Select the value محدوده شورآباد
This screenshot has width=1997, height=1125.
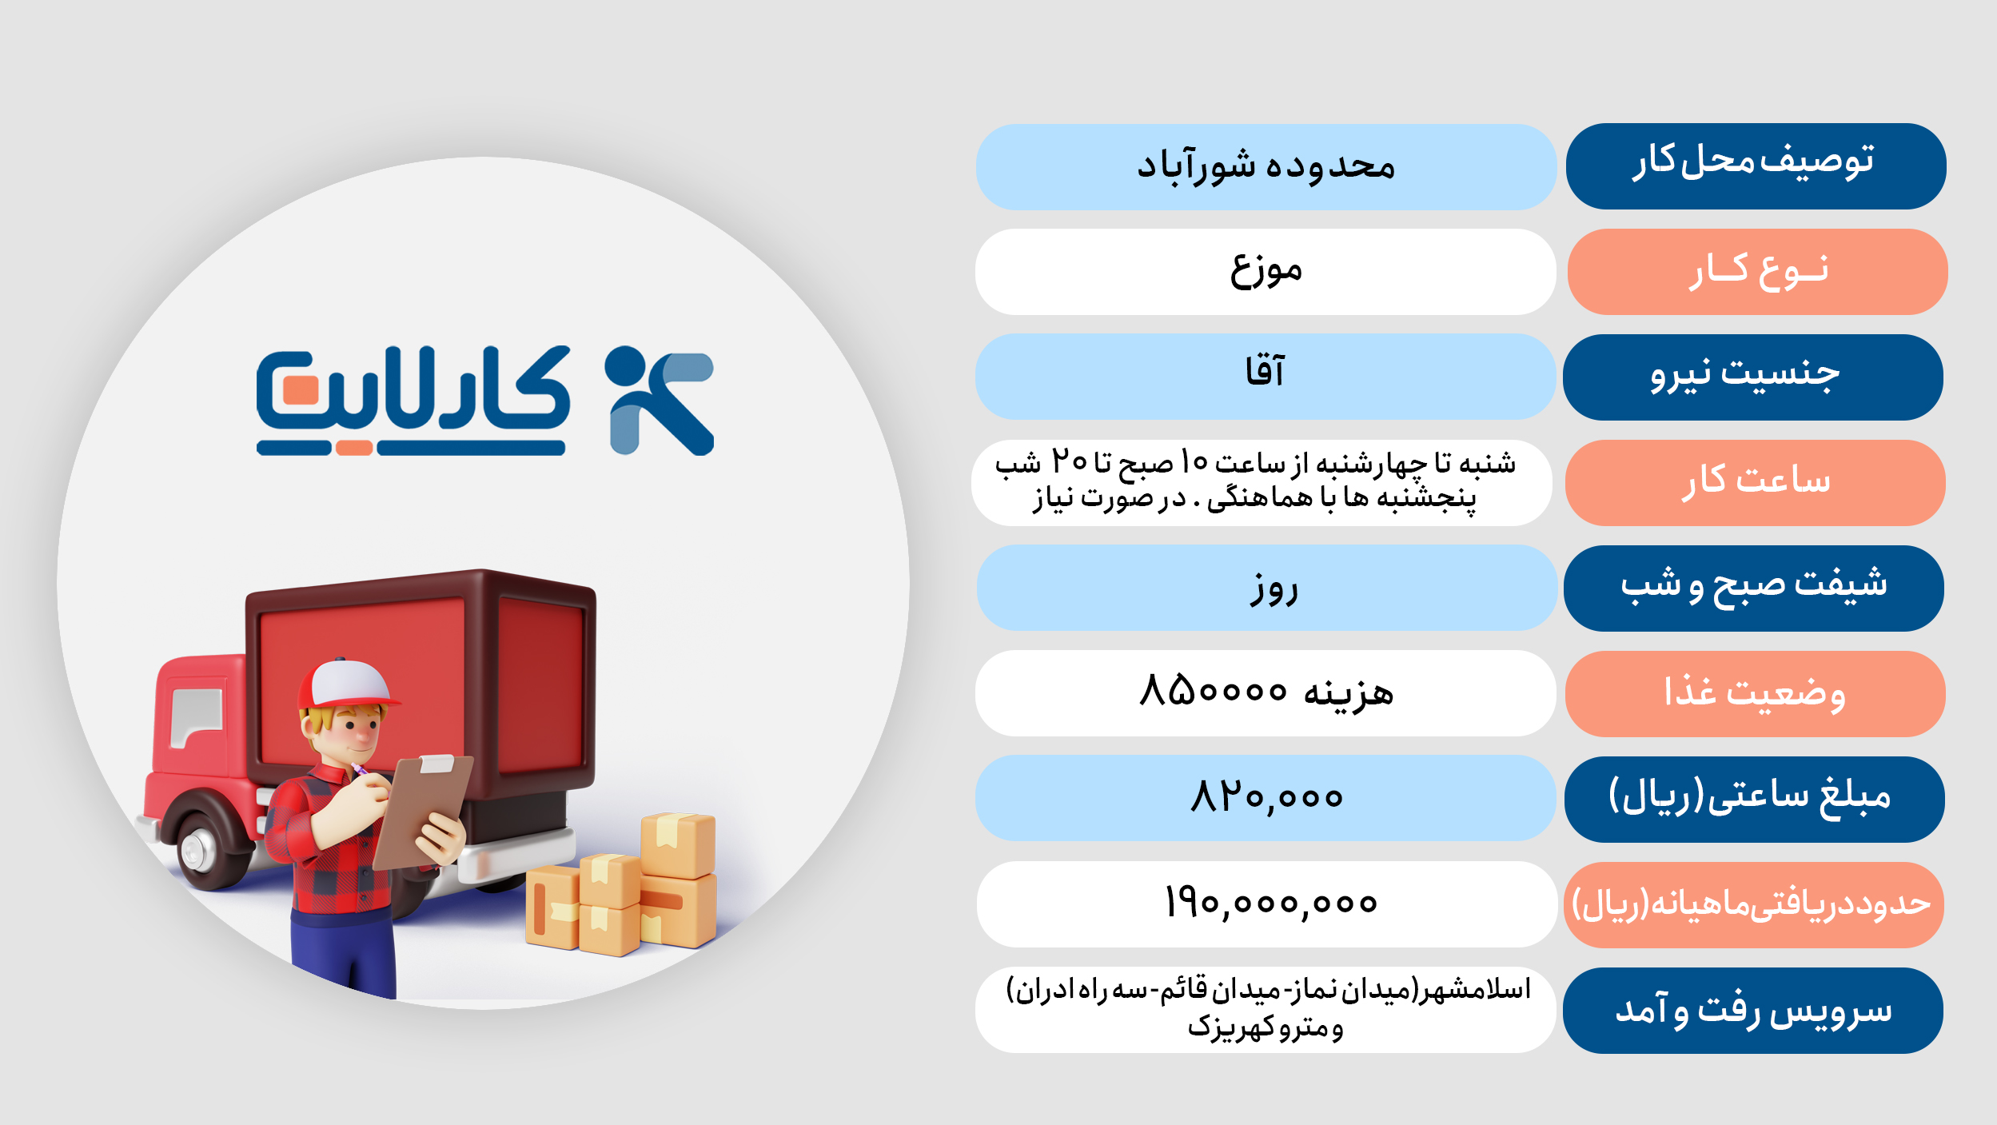pyautogui.click(x=1266, y=166)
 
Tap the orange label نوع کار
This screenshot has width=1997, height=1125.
pyautogui.click(x=1758, y=272)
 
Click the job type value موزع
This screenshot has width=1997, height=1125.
pyautogui.click(x=1266, y=270)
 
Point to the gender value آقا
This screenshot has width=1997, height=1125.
pyautogui.click(x=1265, y=372)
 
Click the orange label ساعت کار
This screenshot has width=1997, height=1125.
pyautogui.click(x=1756, y=481)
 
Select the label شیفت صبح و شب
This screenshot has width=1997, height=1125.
pyautogui.click(x=1753, y=584)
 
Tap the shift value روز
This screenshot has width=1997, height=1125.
pyautogui.click(x=1274, y=589)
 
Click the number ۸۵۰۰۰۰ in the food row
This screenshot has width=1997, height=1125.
pyautogui.click(x=1213, y=689)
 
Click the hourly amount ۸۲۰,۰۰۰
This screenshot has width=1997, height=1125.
pyautogui.click(x=1266, y=796)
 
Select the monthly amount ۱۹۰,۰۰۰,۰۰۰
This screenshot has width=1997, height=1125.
pyautogui.click(x=1271, y=903)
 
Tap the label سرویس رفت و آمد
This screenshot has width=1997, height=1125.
pyautogui.click(x=1753, y=1009)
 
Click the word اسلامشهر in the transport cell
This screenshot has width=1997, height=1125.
pyautogui.click(x=1475, y=989)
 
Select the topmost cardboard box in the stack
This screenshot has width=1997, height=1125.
pyautogui.click(x=678, y=844)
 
